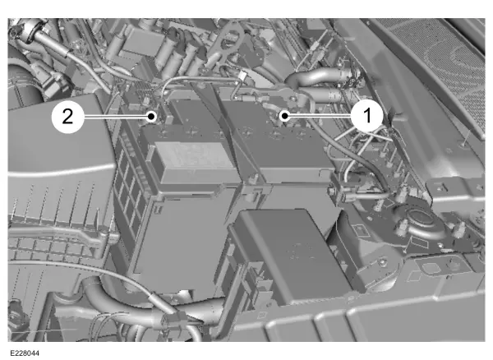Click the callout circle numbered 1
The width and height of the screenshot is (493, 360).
[366, 116]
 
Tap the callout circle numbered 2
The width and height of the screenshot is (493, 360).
[67, 117]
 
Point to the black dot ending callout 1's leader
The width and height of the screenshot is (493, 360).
[284, 116]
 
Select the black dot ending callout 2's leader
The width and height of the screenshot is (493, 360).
[151, 117]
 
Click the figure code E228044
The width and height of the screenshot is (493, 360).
[25, 353]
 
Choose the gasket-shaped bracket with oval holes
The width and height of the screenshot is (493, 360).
[229, 44]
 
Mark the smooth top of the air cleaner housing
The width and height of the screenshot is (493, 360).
[57, 138]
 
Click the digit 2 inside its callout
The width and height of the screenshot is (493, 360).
[67, 117]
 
